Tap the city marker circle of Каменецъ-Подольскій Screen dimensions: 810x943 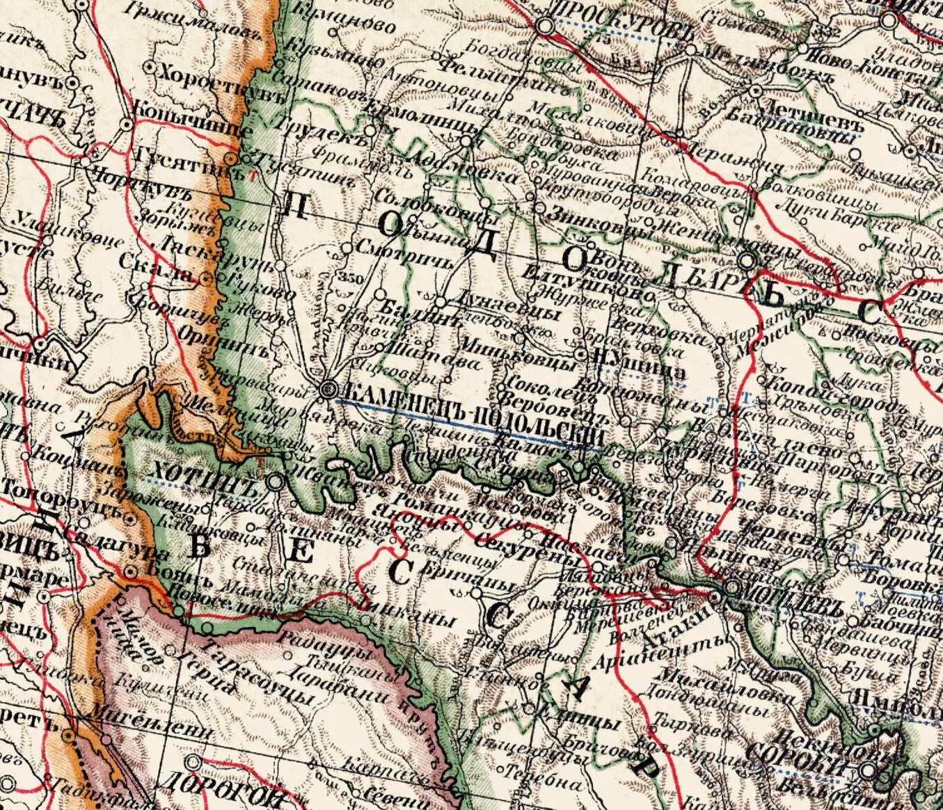click(x=326, y=390)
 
